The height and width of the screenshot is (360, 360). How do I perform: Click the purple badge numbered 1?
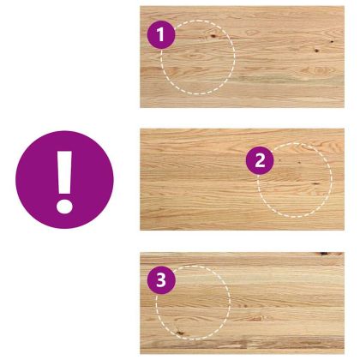(x=161, y=35)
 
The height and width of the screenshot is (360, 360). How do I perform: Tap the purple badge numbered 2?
(x=260, y=160)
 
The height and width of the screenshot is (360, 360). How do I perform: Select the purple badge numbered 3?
(x=161, y=279)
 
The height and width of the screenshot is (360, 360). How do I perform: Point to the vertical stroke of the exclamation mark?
(x=65, y=173)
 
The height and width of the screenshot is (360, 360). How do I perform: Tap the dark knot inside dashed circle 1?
(x=213, y=36)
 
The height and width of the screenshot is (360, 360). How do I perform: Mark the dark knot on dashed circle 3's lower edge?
(x=179, y=333)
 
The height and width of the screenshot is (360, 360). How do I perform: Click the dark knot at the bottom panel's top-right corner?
(x=323, y=254)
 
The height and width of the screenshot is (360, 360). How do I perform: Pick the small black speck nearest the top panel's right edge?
(x=332, y=42)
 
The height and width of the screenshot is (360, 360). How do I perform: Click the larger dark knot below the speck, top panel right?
(x=316, y=51)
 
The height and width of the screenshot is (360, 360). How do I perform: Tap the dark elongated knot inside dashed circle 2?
(x=315, y=183)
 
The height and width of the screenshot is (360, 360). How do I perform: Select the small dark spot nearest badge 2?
(x=279, y=160)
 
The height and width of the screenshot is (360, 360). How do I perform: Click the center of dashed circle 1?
(x=198, y=57)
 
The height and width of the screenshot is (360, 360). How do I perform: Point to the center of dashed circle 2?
(x=295, y=180)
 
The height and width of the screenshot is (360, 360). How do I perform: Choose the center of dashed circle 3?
(x=193, y=303)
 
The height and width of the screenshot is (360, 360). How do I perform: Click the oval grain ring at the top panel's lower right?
(x=321, y=70)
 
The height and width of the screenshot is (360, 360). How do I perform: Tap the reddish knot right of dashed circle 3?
(x=258, y=318)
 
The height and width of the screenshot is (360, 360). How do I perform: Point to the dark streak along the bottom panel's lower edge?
(x=243, y=344)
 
